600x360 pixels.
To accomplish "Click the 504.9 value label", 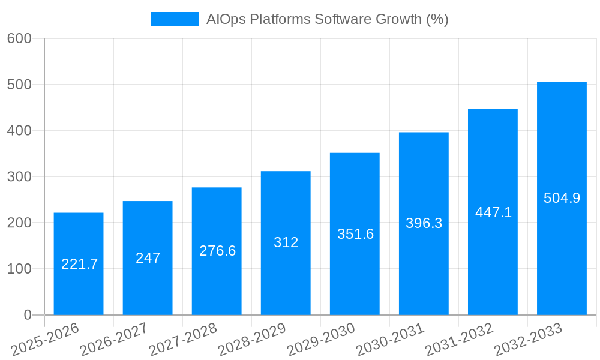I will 562,198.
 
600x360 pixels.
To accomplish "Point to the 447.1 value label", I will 493,212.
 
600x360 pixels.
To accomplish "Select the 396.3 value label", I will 424,224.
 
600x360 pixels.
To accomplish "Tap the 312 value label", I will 286,243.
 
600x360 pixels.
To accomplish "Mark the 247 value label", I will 148,258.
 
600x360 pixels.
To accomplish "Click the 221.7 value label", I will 79,264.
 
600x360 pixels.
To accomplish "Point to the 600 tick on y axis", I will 19,38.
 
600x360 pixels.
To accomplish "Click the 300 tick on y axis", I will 19,177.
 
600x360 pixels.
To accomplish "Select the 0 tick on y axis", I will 28,315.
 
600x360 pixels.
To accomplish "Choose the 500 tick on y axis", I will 19,85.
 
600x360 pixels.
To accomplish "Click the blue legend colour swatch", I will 175,19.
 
